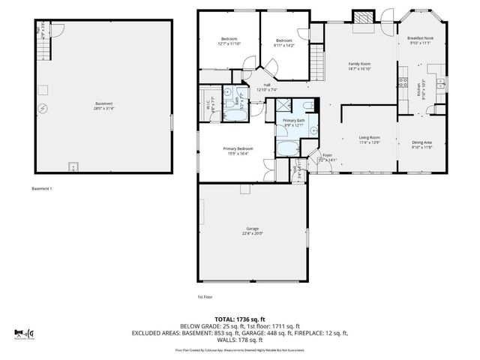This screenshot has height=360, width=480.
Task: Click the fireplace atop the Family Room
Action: [x=363, y=19]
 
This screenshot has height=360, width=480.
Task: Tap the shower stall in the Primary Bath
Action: [x=285, y=106]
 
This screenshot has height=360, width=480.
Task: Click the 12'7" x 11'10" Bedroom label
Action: [x=229, y=41]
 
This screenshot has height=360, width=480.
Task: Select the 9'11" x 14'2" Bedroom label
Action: [x=283, y=42]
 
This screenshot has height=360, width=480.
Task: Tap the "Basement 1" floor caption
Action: [x=41, y=188]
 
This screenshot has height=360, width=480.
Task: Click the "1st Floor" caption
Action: [x=205, y=297]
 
